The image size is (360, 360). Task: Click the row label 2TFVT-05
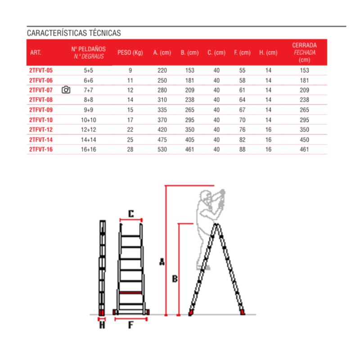point(41,70)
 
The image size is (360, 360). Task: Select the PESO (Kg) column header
point(130,53)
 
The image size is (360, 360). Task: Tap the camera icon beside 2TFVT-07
point(66,90)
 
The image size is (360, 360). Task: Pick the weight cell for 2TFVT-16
point(130,149)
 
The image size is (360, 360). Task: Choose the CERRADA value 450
point(305,139)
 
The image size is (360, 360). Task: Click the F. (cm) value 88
point(242,149)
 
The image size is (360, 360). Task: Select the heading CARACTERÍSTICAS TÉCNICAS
point(74,33)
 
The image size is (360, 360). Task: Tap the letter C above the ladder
point(131,214)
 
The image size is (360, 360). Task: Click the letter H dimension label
point(102,324)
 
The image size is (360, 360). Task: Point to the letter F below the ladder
point(131,325)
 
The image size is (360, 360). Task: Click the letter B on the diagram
point(175,279)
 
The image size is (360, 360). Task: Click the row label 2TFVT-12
point(41,130)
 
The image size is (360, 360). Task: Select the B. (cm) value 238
point(189,100)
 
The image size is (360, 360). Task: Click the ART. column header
point(36,53)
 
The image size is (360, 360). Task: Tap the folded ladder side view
point(102,268)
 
